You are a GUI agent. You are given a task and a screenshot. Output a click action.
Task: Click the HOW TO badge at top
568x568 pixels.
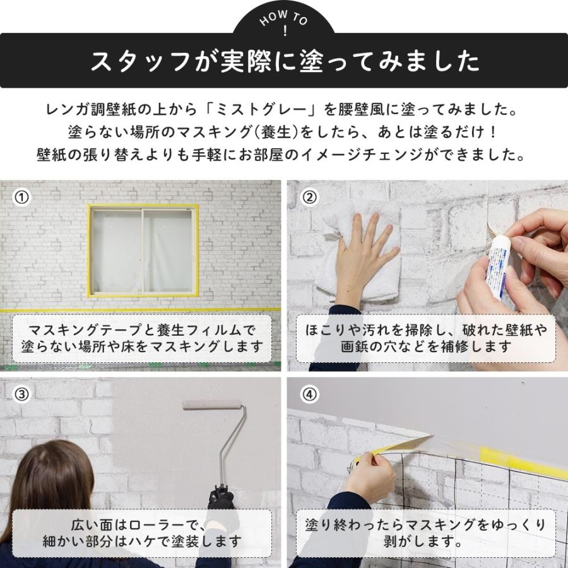[x=283, y=23]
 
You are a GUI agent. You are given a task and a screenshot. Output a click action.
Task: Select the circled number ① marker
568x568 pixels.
[x=22, y=198]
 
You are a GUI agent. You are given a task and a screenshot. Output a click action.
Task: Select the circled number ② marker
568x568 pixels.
[x=309, y=198]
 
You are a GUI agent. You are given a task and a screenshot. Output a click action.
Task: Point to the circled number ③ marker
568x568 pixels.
[x=22, y=394]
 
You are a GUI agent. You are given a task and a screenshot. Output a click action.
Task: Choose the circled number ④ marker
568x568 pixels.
[x=309, y=394]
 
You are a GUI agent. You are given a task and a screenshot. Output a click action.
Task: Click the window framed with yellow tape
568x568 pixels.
[x=143, y=250]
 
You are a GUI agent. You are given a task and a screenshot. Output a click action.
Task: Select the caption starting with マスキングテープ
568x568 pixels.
[x=142, y=338]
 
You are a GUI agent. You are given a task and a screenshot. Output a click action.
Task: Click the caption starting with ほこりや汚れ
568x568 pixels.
[x=426, y=338]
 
